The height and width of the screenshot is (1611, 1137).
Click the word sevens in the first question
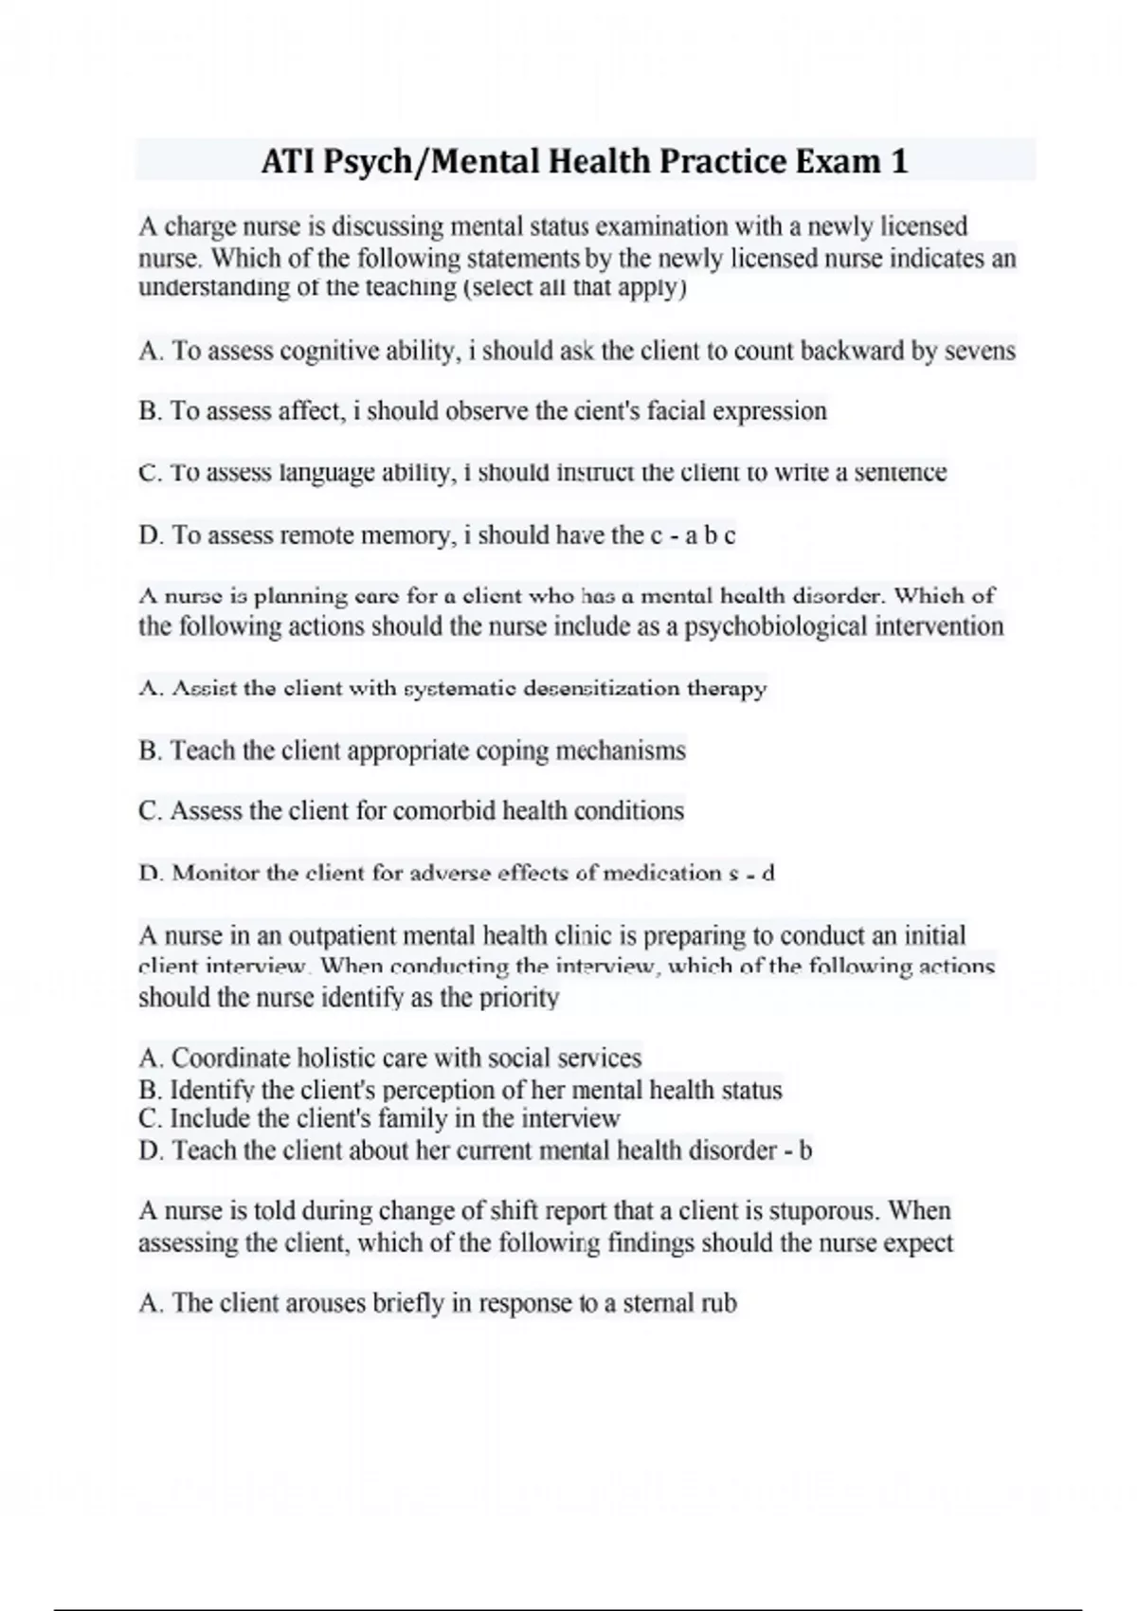pyautogui.click(x=980, y=352)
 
